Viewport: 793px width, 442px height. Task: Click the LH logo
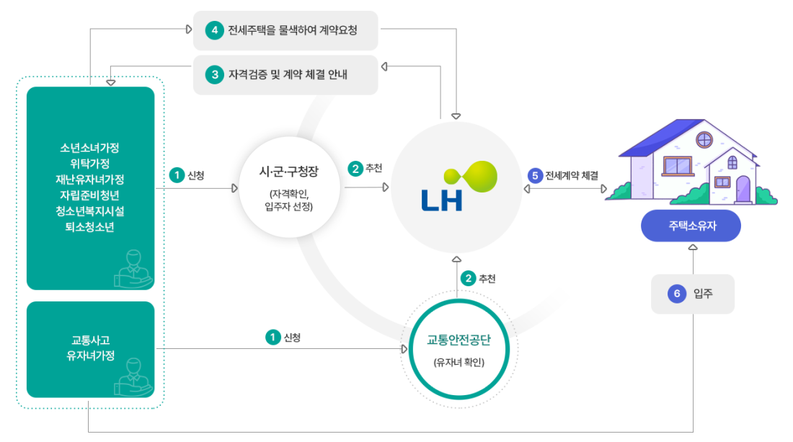[459, 185]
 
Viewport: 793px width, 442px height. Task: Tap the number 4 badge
[214, 30]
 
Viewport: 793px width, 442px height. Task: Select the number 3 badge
[214, 75]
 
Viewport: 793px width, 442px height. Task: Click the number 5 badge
[535, 175]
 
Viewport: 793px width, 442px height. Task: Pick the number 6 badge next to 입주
[677, 293]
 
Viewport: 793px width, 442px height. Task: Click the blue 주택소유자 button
[691, 226]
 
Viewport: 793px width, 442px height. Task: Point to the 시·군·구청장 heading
[289, 172]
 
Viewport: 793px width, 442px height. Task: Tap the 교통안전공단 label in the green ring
[458, 340]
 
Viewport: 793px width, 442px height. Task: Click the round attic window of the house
[704, 139]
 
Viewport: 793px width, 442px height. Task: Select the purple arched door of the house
[743, 189]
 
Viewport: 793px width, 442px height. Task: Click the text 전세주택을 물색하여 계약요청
[292, 30]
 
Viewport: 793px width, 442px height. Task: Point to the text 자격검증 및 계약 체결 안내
[288, 75]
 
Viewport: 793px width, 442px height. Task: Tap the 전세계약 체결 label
[572, 175]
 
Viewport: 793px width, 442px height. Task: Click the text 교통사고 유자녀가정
[91, 348]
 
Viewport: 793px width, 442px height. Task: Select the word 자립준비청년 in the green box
[90, 195]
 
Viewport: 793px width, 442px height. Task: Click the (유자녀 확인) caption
[458, 363]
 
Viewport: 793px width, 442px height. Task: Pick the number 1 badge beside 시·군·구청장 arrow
[177, 175]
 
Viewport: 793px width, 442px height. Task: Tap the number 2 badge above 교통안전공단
[469, 278]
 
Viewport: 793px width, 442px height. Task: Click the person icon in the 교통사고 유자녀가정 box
[133, 377]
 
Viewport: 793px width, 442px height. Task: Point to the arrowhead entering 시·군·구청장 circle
[235, 188]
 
